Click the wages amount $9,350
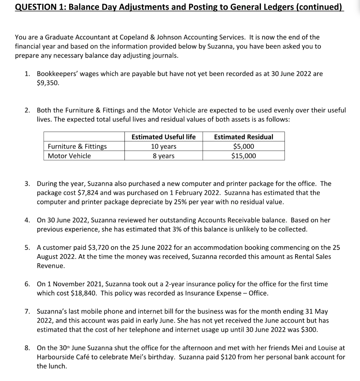tap(48, 83)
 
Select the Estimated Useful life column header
tap(163, 137)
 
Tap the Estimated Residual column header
tap(243, 137)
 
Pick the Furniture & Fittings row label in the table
tap(77, 147)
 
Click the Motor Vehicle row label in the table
tap(69, 156)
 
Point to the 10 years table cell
tap(163, 147)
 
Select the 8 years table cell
tap(163, 156)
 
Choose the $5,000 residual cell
tap(243, 147)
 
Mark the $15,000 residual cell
tap(243, 156)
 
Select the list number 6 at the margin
tap(28, 284)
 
